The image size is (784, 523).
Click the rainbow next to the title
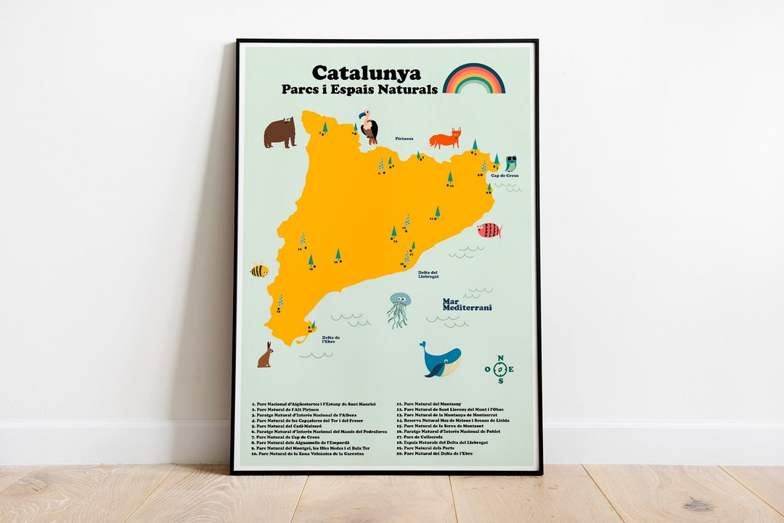pos(473,79)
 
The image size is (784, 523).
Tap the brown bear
pos(279,133)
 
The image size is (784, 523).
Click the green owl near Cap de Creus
pos(511,163)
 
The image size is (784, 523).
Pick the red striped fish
pos(489,231)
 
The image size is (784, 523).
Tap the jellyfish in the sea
pos(399,309)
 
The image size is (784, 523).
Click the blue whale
pos(441,360)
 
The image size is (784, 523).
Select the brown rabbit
pos(266,355)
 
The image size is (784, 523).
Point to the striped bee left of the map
pos(259,271)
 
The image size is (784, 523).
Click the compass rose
pos(499,369)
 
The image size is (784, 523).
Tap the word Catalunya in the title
pos(366,73)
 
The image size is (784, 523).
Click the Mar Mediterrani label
pos(467,305)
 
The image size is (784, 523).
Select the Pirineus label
pos(404,138)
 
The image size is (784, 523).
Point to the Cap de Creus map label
pos(505,176)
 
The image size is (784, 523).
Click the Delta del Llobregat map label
pos(428,274)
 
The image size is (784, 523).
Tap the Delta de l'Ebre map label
pos(331,339)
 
